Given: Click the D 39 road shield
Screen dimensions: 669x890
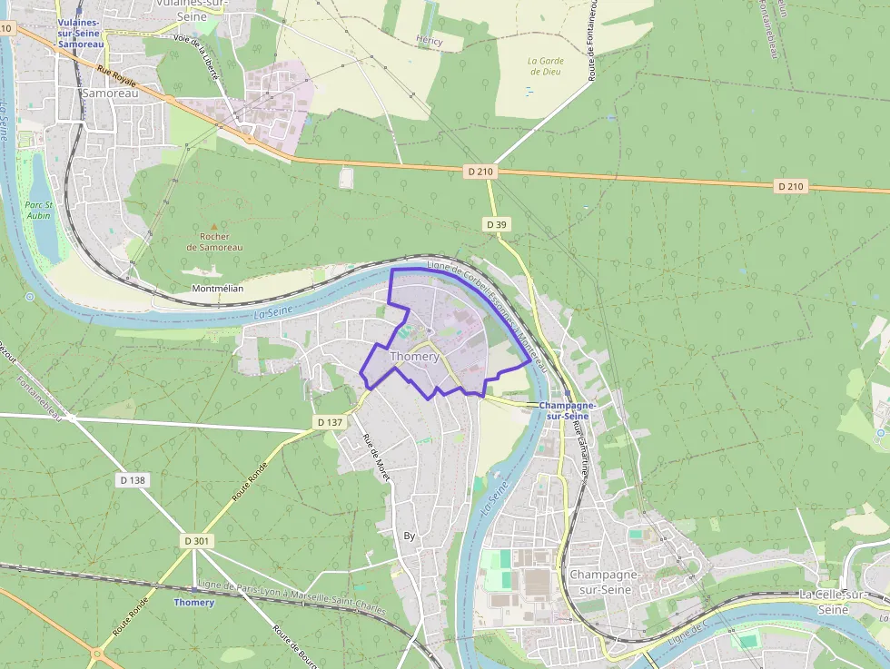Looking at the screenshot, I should click(495, 224).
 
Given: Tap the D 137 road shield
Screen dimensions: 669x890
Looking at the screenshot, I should click(331, 422).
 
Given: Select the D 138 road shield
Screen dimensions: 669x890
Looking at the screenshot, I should click(132, 479).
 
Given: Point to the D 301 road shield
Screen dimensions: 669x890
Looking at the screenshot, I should click(196, 540).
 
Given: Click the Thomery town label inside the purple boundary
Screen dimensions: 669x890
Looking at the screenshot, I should click(414, 357).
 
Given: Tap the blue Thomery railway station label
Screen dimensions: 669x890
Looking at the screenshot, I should click(194, 602).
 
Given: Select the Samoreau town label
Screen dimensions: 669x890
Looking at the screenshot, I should click(109, 93).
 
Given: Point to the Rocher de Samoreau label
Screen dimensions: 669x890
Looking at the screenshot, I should click(214, 241).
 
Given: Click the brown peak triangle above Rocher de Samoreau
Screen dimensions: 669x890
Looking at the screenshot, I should click(214, 226).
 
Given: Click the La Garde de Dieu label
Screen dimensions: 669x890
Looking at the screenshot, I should click(546, 66).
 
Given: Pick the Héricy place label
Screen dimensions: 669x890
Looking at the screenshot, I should click(429, 41).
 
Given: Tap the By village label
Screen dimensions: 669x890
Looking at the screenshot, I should click(409, 536).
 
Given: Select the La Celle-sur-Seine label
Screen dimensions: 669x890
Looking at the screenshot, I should click(836, 601).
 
